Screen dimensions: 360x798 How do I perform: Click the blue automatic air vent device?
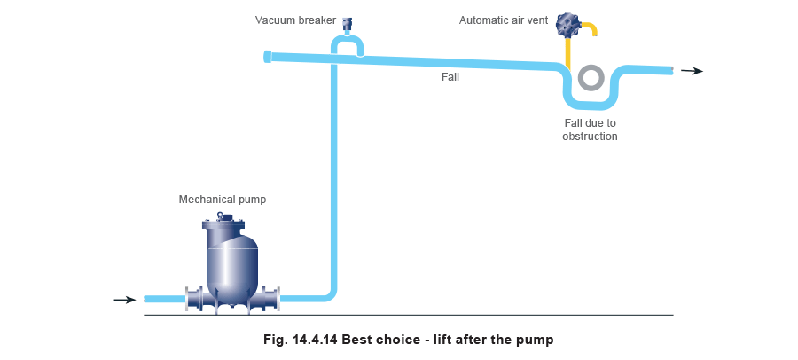[567, 26]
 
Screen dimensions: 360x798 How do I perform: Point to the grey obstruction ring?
[590, 78]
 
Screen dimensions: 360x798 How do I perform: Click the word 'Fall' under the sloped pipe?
[450, 77]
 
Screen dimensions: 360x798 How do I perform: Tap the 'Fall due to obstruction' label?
[590, 130]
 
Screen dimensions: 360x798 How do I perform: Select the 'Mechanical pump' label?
[222, 199]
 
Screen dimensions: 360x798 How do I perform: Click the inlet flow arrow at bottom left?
[125, 300]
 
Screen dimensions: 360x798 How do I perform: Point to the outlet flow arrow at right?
[692, 71]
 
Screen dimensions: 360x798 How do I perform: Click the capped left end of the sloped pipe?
[268, 57]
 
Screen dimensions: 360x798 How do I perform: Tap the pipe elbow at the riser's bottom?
[330, 293]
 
